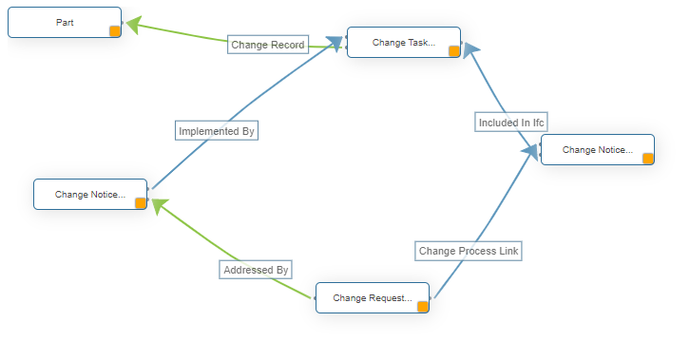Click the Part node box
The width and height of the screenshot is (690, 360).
65,22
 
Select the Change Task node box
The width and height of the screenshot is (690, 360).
403,42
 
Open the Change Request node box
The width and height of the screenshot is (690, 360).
372,297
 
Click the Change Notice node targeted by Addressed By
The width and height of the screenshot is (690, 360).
90,194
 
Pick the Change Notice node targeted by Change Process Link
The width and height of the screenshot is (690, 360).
597,149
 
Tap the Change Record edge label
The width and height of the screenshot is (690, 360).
268,45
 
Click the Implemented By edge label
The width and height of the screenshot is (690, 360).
217,131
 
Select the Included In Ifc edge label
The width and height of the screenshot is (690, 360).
511,122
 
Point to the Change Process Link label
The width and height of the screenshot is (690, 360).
470,251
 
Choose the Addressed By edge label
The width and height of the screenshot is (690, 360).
256,270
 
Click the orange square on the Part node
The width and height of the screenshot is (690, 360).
115,30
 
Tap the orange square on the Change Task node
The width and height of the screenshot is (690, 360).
454,51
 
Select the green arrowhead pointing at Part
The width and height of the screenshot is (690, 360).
133,26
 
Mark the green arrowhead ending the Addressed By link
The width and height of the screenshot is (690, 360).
159,205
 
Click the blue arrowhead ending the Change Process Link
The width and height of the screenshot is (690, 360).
528,156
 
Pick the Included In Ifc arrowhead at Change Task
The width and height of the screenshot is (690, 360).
470,52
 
